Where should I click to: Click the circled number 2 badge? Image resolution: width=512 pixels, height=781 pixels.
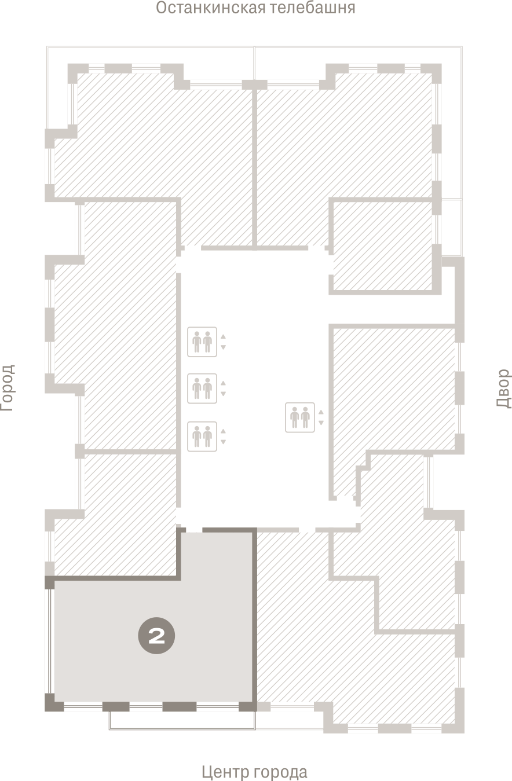point(156,635)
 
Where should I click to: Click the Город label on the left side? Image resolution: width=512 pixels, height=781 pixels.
point(8,388)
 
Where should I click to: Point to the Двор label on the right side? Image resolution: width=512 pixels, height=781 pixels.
point(504,388)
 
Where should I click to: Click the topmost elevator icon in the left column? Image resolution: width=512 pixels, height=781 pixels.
point(202,342)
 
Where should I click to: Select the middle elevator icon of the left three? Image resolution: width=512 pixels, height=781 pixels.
point(202,388)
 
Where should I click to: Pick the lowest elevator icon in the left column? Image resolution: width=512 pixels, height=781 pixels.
point(202,437)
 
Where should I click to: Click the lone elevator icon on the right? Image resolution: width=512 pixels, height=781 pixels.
point(300,417)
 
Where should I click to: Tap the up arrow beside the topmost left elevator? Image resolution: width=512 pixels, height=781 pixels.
point(223,336)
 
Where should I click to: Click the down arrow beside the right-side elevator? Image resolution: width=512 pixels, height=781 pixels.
point(321,423)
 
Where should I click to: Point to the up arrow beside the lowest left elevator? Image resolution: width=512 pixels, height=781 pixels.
point(223,431)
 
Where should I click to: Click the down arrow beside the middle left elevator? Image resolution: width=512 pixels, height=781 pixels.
point(223,394)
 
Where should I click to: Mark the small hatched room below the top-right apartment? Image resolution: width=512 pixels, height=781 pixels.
point(383,246)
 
